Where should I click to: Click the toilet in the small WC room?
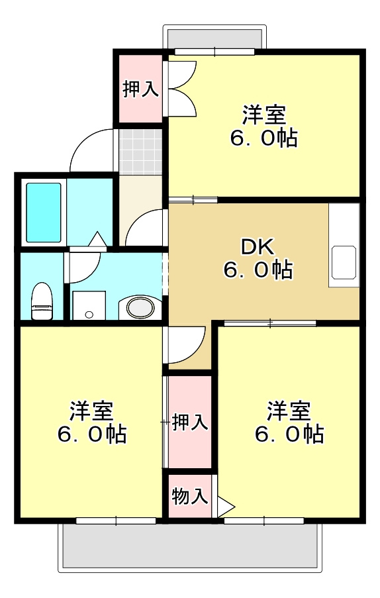(x=42, y=301)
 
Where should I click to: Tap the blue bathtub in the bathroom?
(x=44, y=212)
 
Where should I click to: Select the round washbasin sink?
(x=140, y=308)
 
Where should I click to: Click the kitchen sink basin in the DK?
(x=344, y=262)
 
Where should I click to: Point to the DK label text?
(x=257, y=247)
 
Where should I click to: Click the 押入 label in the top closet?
(x=140, y=89)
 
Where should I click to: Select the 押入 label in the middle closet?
(x=190, y=423)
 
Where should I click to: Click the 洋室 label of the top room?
(x=263, y=115)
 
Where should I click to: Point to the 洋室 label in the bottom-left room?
(x=91, y=411)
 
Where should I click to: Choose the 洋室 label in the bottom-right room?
(x=289, y=411)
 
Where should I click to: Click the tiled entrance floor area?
(x=141, y=150)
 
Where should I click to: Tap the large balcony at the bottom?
(x=191, y=546)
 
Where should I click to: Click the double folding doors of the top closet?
(x=180, y=88)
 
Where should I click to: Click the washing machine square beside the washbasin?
(x=88, y=306)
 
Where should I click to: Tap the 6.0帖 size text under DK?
(x=258, y=270)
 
